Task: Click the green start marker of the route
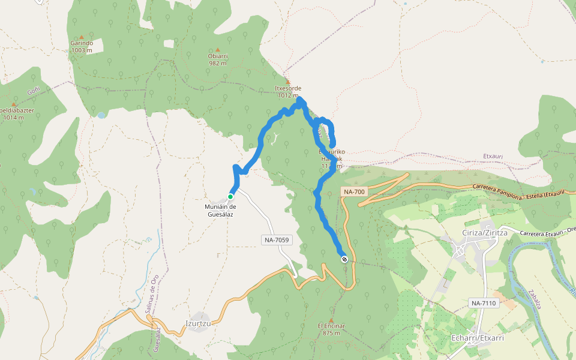[x=230, y=196]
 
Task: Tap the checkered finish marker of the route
[x=344, y=259]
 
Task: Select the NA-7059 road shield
[x=277, y=240]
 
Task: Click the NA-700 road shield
[x=353, y=192]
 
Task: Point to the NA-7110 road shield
[x=484, y=303]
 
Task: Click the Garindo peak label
[x=82, y=47]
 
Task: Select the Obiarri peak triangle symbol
[x=218, y=50]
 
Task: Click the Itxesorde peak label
[x=288, y=91]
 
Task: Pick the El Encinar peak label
[x=331, y=329]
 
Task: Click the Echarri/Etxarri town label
[x=477, y=338]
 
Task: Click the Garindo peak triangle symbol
[x=82, y=37]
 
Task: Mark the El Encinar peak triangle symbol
[x=331, y=320]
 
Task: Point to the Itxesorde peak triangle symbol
[x=288, y=82]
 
